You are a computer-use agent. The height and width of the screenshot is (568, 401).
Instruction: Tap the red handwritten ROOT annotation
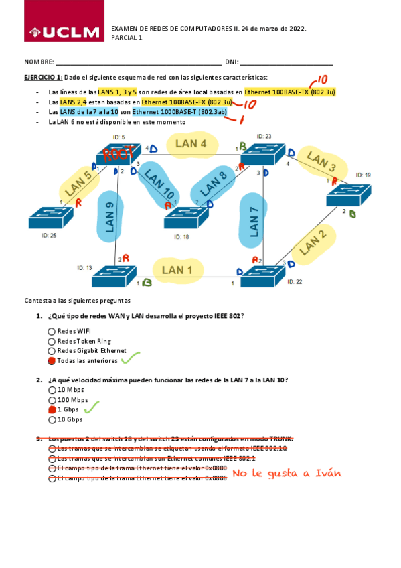point(118,155)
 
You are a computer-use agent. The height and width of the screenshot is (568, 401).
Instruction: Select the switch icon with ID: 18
point(187,218)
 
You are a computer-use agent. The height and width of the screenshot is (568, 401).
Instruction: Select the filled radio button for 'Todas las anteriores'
point(52,360)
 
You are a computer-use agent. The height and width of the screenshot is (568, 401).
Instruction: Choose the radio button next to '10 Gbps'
point(52,420)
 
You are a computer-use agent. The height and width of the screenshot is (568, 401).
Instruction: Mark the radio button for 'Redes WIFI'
point(52,331)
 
